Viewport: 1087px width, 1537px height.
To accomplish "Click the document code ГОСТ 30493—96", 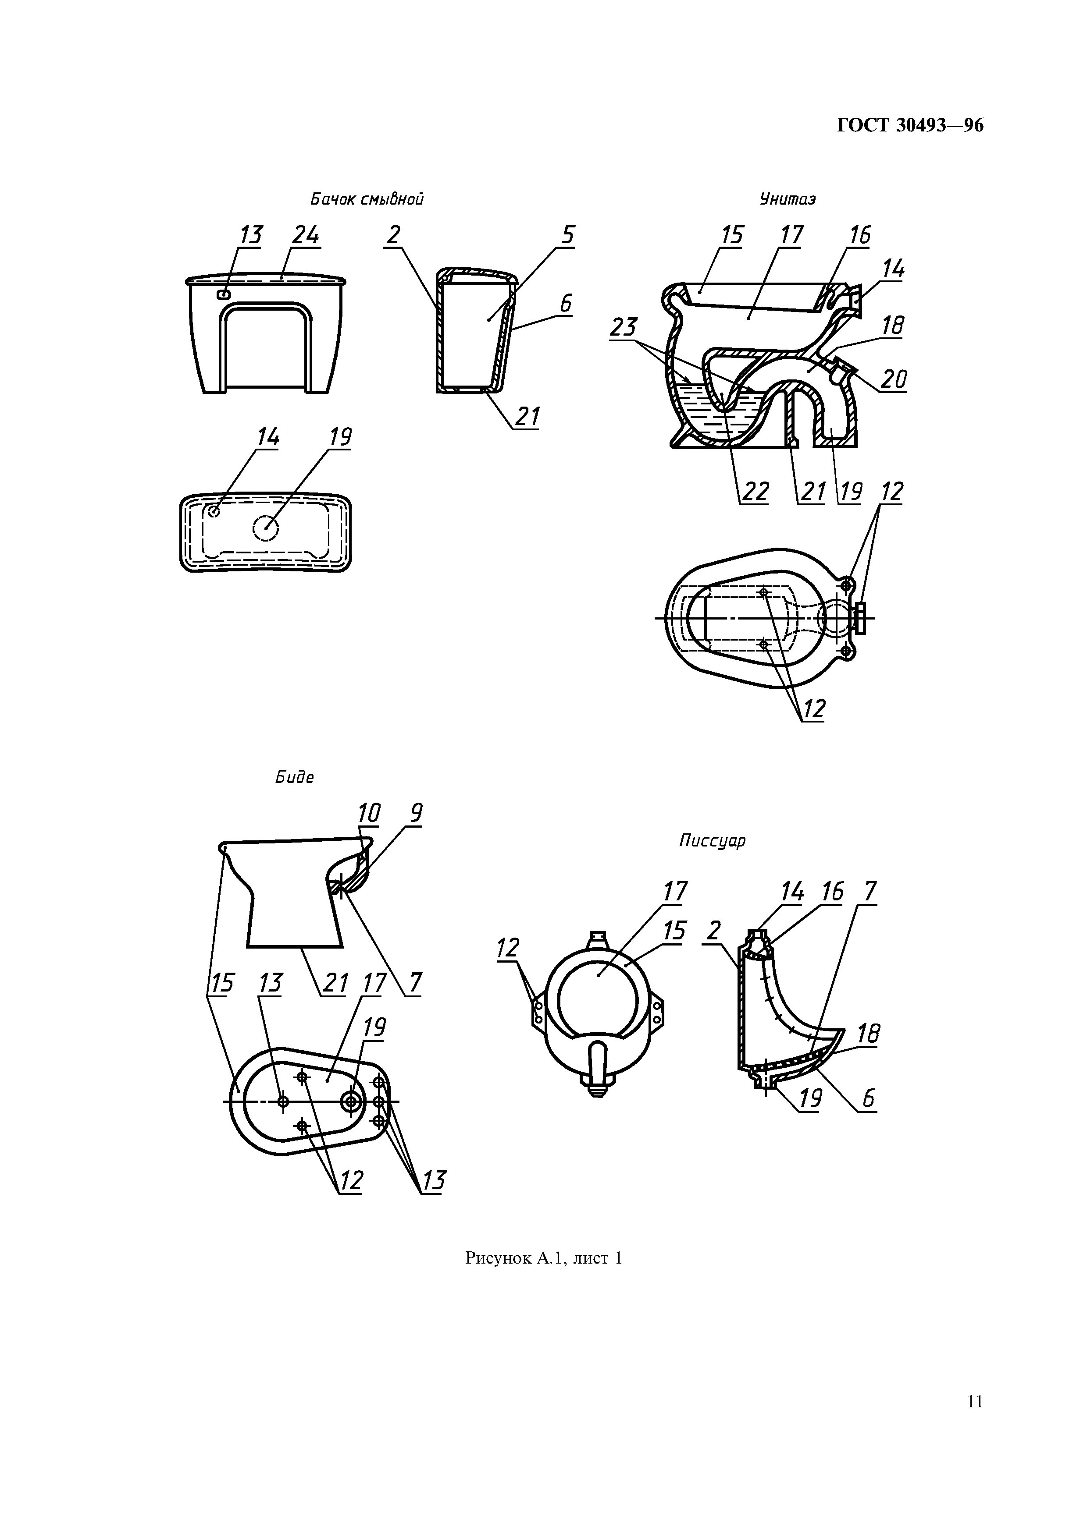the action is tap(910, 126).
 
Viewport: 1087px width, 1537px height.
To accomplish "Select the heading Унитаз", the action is tap(787, 199).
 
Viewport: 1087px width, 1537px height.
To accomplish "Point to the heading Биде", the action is tap(295, 777).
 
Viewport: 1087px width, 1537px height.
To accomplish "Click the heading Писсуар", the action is tap(712, 841).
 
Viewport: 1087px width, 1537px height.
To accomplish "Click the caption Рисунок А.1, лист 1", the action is tap(544, 1258).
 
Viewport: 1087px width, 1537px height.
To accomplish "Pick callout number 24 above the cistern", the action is tap(306, 236).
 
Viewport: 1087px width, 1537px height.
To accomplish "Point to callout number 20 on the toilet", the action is tap(894, 379).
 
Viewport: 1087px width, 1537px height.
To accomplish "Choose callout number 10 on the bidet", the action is tap(368, 813).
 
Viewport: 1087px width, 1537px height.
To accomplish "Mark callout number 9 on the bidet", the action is tap(416, 813).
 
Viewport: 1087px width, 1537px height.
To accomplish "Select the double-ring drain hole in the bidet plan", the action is tap(351, 1101).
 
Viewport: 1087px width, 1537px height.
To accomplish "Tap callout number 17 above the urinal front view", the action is tap(675, 892).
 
